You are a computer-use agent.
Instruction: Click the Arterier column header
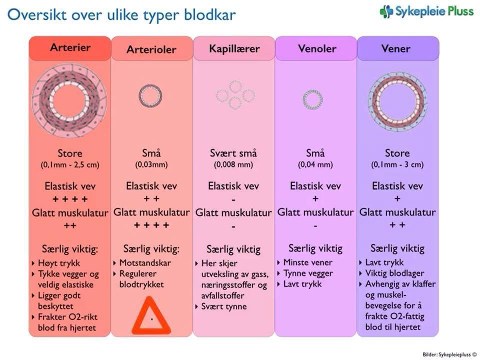point(70,48)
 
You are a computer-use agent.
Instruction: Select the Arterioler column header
point(151,49)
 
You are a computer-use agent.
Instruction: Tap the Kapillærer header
point(234,49)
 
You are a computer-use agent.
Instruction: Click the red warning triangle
point(151,315)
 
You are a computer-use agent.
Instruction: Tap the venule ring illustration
point(312,99)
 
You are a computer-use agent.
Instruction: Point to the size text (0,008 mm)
point(233,164)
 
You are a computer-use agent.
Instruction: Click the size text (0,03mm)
point(151,164)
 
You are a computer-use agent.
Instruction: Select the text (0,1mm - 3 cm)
point(397,164)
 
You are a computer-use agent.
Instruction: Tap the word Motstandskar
point(145,262)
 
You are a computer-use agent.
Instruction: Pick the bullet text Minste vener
point(307,262)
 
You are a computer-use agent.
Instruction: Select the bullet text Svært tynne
point(224,306)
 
